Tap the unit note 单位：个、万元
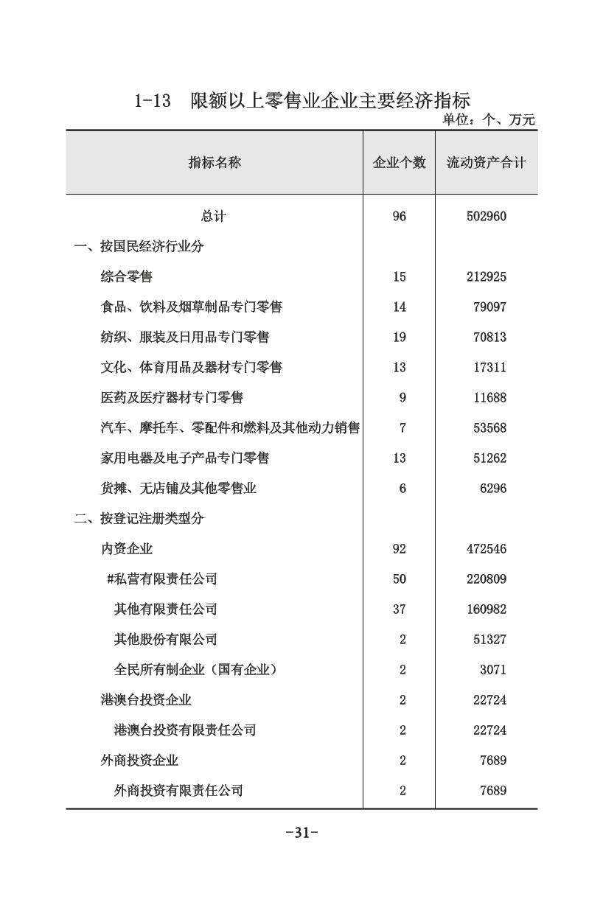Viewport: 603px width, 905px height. pos(488,120)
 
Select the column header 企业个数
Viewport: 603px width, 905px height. pos(399,163)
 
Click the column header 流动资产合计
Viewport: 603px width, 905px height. pos(486,163)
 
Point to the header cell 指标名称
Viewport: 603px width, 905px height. pos(215,163)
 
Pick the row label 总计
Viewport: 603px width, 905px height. pos(214,217)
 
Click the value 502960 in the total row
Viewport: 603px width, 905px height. pos(486,217)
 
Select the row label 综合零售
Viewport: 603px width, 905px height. pos(127,277)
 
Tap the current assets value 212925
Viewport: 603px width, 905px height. pos(486,277)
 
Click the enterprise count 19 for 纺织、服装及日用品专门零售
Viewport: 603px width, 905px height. pos(400,338)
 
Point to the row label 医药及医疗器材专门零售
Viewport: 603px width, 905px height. pos(172,398)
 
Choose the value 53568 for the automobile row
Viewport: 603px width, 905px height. pos(489,428)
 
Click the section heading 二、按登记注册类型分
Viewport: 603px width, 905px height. pos(139,519)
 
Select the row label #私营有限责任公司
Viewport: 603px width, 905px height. pos(162,579)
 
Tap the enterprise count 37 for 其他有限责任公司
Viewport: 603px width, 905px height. pos(400,609)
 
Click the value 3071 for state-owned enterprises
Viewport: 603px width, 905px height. pos(492,670)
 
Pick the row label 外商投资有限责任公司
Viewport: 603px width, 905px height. pos(178,791)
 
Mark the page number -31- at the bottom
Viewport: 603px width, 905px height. pos(301,834)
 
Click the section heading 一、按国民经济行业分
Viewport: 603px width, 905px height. pos(139,247)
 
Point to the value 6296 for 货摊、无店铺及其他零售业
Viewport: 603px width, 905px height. pos(492,489)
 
